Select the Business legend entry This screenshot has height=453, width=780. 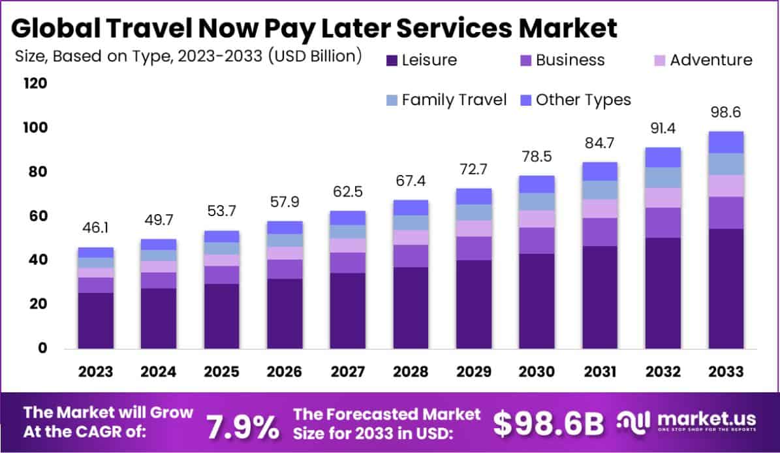[x=561, y=61]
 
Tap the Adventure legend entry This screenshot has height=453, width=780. [x=701, y=61]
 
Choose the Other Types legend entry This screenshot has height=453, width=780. [x=574, y=100]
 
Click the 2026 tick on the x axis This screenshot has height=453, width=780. [x=285, y=371]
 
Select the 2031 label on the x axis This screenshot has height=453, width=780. [x=600, y=371]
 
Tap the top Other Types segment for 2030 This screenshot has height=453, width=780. [x=537, y=184]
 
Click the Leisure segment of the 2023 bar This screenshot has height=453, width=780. [x=95, y=320]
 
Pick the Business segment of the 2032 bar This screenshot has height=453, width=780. [x=663, y=223]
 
